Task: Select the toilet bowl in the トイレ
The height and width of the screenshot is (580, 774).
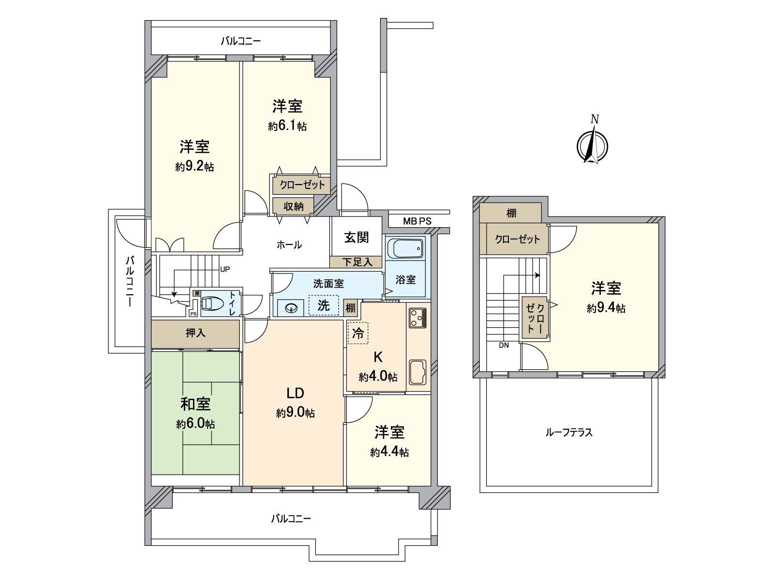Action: coord(212,304)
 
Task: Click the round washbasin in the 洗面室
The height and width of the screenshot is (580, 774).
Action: coord(291,308)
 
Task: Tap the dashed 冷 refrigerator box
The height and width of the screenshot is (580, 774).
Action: coord(358,333)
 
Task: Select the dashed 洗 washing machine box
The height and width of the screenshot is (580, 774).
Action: coord(324,305)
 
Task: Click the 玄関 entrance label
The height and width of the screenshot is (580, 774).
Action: coord(357,237)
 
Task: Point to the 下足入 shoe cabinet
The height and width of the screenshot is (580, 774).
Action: coord(357,262)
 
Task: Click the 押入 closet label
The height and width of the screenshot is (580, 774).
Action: coord(195,333)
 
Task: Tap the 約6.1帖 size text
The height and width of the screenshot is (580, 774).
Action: coord(287,126)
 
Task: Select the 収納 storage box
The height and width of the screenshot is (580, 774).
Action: coord(293,206)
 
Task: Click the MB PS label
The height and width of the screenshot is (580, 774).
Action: coord(417,221)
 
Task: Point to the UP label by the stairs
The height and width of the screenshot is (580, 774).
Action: coord(225,269)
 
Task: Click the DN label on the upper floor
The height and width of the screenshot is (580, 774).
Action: coord(504,345)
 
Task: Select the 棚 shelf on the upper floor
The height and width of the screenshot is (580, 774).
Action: coord(511,213)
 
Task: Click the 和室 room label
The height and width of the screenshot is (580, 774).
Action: coord(195,404)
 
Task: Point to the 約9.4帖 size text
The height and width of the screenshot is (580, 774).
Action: coord(606,308)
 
